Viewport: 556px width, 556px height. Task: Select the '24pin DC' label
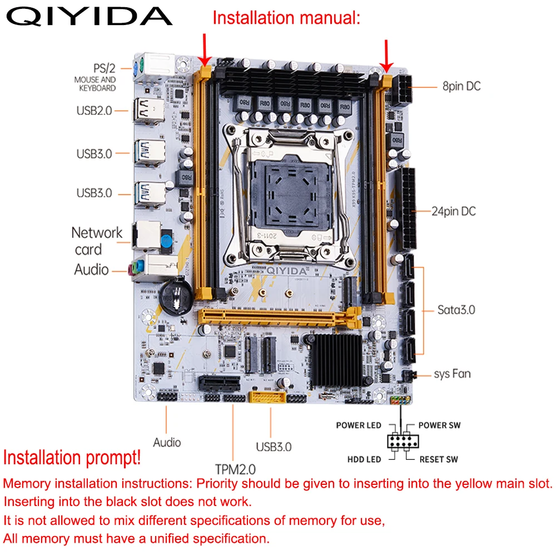coord(454,211)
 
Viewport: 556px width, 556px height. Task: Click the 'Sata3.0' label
coord(456,310)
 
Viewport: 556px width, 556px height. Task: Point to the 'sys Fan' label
coord(452,374)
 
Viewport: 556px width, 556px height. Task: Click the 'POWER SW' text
coord(439,425)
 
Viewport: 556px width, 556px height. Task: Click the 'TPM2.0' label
coord(236,468)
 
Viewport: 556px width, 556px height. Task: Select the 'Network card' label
coord(97,241)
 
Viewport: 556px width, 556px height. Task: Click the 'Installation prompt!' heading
coord(72,458)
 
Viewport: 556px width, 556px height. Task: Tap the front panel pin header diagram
coord(403,441)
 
